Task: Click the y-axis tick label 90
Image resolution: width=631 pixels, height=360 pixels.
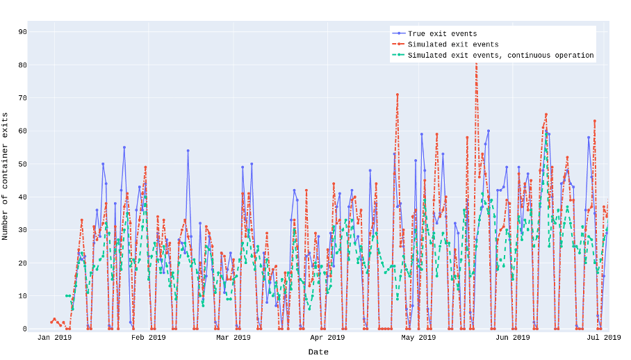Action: [x=23, y=32]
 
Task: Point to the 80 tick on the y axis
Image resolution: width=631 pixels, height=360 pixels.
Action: [x=23, y=65]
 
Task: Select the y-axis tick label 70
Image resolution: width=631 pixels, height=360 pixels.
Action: [x=23, y=98]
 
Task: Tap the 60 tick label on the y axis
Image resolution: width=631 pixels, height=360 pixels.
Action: [x=23, y=131]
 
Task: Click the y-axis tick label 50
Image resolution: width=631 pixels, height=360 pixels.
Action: [x=23, y=164]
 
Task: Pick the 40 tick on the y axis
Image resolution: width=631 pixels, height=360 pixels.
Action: [x=23, y=197]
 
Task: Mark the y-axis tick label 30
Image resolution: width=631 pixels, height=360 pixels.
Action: [x=23, y=230]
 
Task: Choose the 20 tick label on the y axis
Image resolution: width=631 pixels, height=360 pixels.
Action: [x=23, y=263]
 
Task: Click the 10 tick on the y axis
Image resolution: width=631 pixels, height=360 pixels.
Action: [x=23, y=296]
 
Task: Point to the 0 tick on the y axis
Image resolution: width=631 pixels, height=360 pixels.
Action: [x=25, y=329]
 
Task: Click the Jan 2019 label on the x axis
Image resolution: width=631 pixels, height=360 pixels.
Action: [x=54, y=338]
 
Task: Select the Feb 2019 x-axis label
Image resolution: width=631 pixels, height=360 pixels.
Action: [x=149, y=338]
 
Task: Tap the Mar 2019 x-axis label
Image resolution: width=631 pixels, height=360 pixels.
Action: [x=233, y=338]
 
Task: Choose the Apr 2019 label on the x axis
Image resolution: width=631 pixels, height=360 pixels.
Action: [x=327, y=338]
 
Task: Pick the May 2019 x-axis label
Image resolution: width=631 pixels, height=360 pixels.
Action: [x=418, y=338]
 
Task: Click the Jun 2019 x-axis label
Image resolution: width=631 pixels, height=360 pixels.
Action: [x=512, y=338]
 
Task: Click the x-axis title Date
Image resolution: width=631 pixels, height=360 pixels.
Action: [x=318, y=352]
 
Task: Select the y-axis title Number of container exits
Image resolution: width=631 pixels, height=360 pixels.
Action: [x=6, y=177]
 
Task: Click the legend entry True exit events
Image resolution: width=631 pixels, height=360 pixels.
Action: [x=442, y=34]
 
